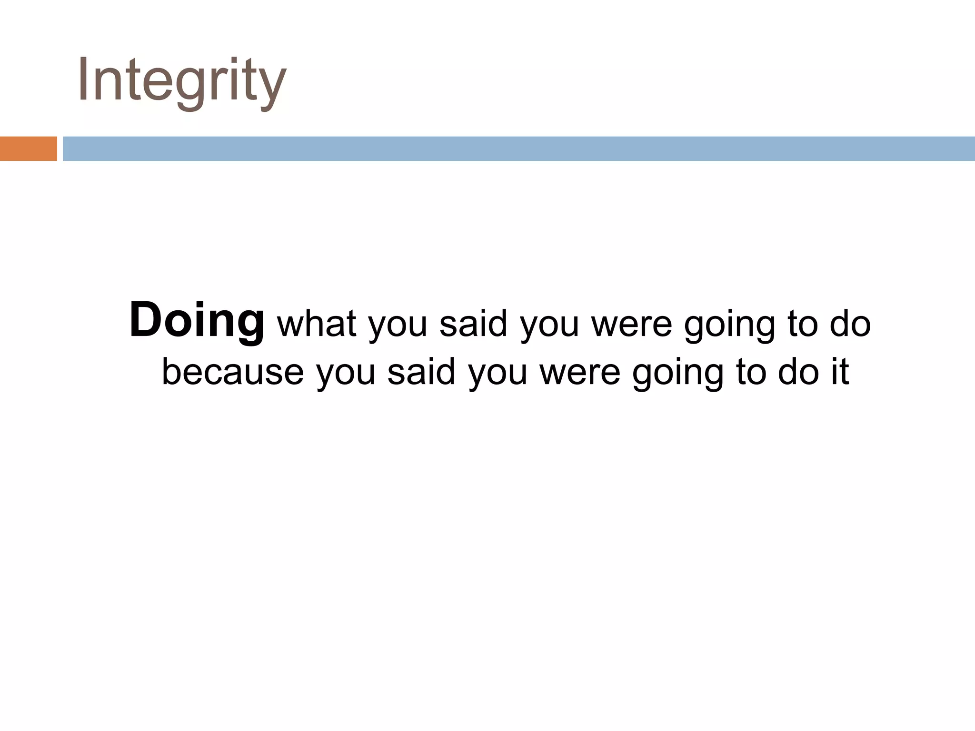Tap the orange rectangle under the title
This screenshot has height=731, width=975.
(x=28, y=148)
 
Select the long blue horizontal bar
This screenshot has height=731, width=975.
(x=518, y=148)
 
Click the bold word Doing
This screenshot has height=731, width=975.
(x=197, y=321)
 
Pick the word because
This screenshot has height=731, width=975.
(x=233, y=372)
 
